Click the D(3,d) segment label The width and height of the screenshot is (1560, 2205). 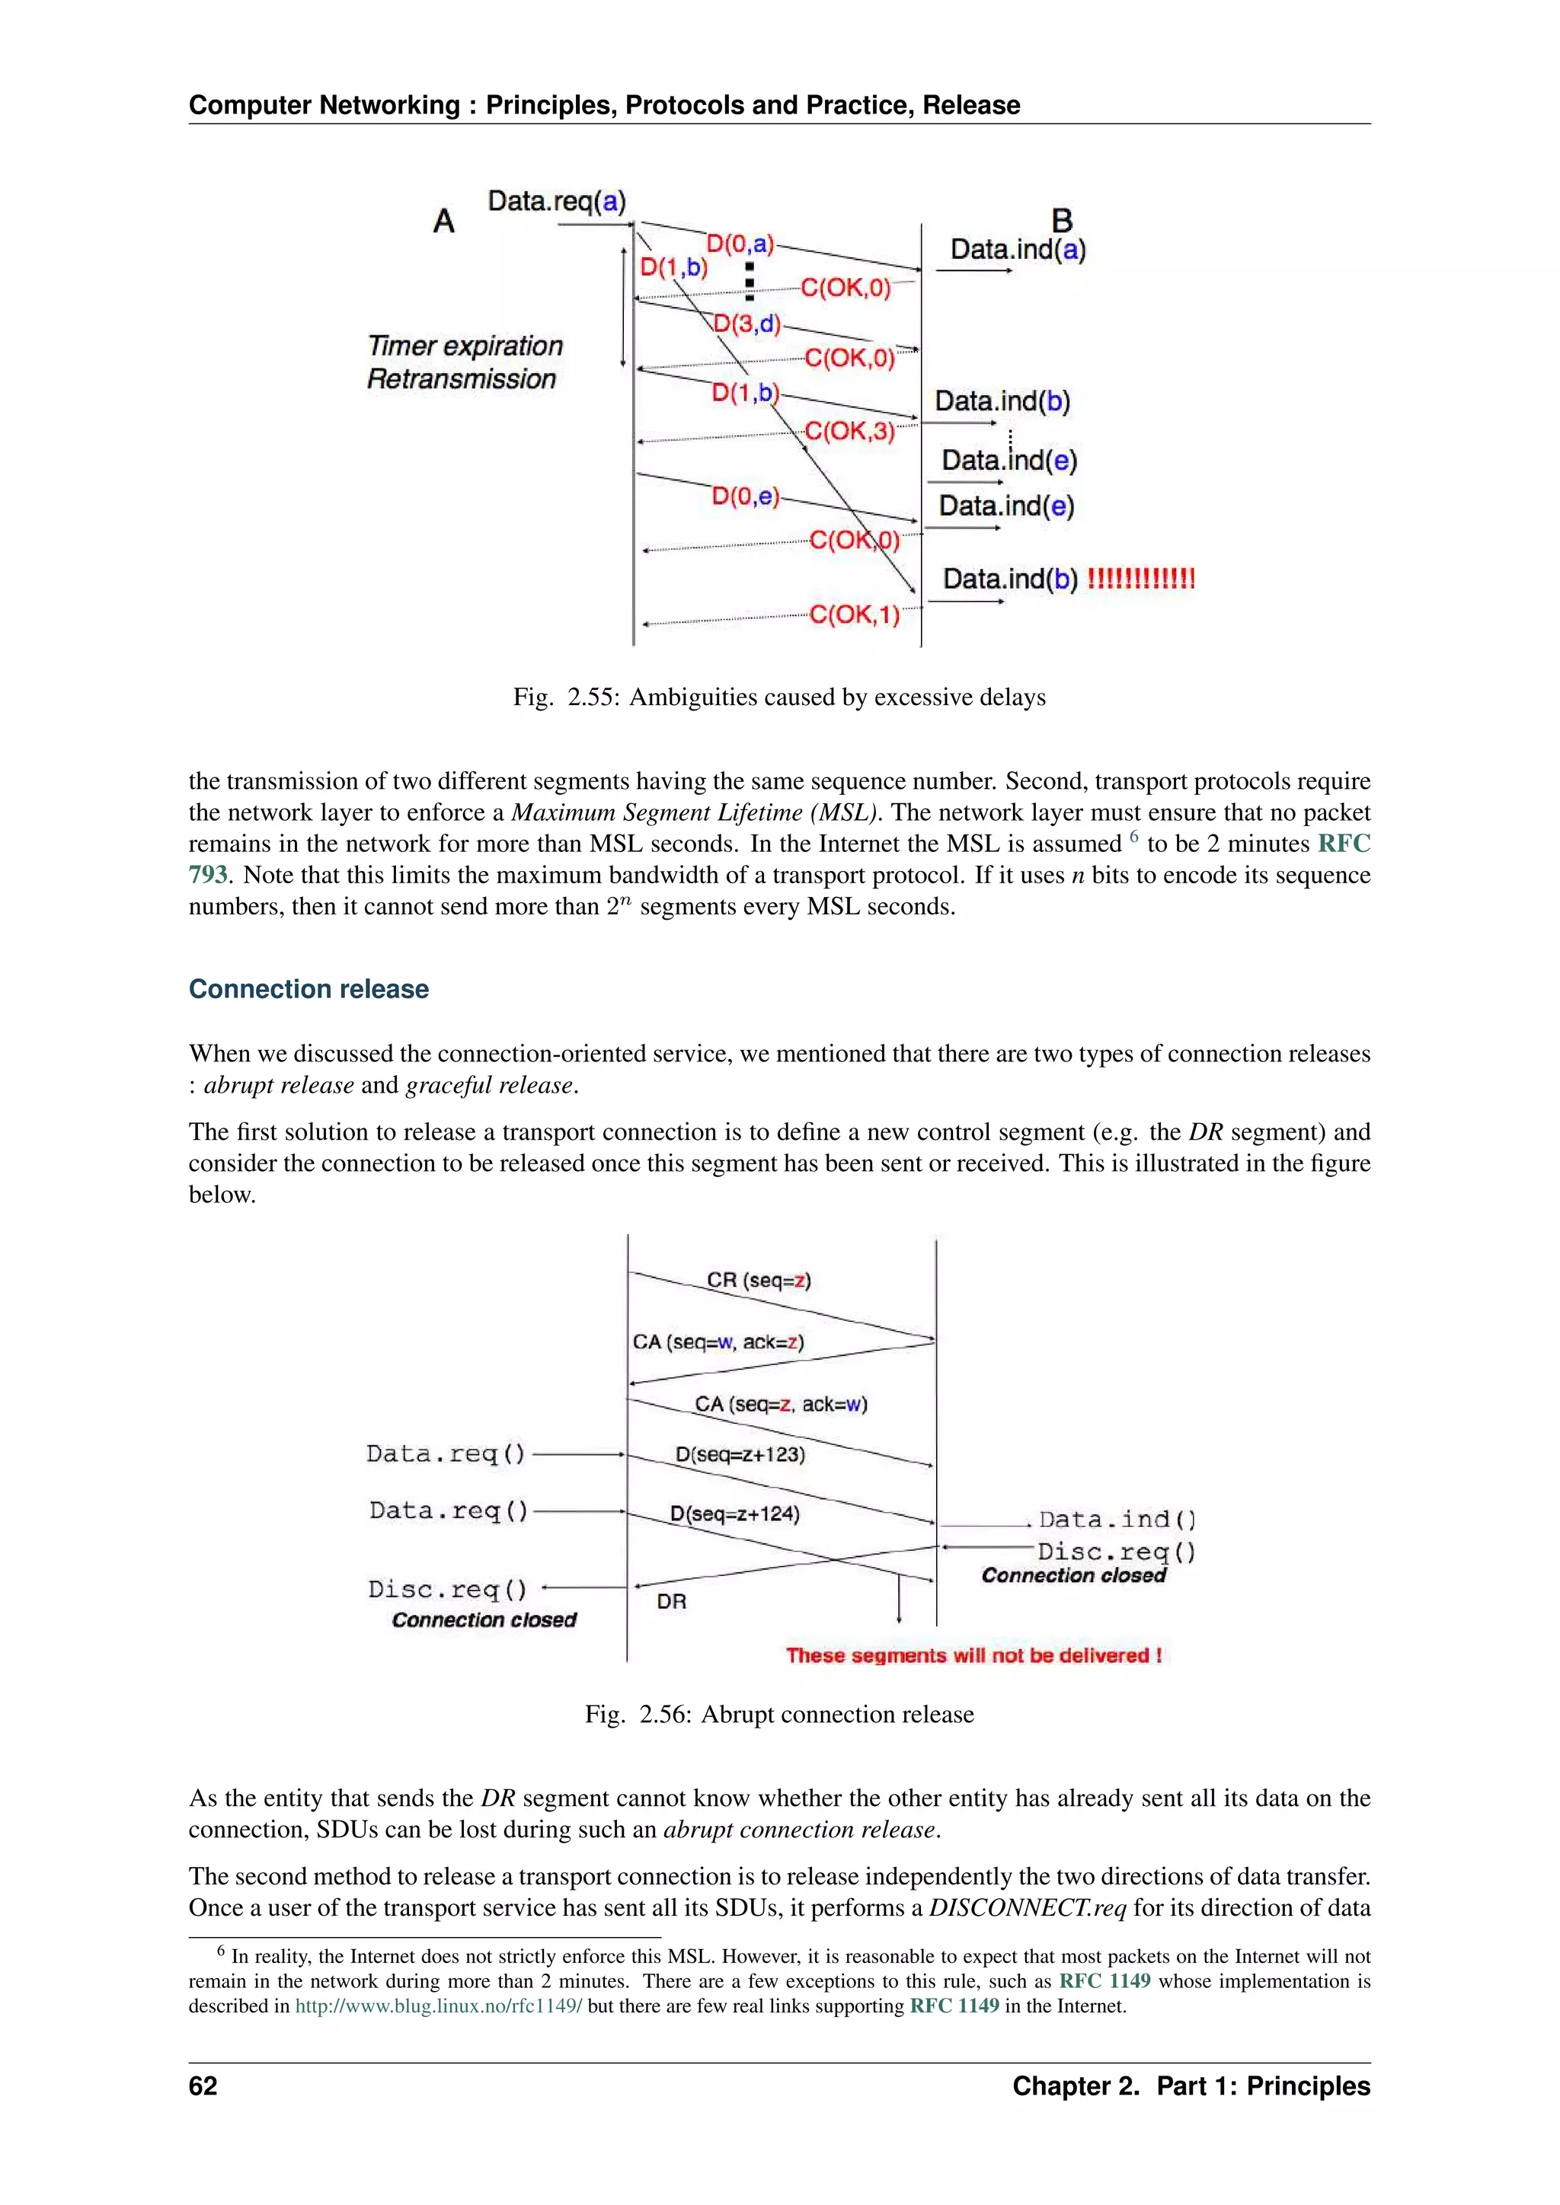click(x=746, y=324)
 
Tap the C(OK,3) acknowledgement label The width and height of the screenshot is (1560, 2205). click(x=849, y=431)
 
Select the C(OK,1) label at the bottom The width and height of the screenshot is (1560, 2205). click(x=854, y=614)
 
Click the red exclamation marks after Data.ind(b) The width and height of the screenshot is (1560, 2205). click(x=1140, y=579)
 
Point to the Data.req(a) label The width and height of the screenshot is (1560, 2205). click(x=556, y=202)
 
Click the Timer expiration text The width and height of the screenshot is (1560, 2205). click(x=465, y=346)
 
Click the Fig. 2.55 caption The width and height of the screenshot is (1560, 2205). click(x=779, y=697)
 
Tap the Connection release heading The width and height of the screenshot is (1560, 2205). click(x=308, y=989)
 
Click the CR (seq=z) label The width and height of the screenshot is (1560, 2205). click(x=759, y=1280)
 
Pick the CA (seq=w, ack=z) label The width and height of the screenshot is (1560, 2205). click(x=718, y=1342)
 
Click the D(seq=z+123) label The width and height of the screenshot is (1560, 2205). click(x=740, y=1454)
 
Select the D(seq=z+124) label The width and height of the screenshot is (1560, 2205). click(x=735, y=1514)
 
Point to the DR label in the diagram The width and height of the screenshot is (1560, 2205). click(x=671, y=1601)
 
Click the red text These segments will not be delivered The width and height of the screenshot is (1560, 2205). click(x=973, y=1656)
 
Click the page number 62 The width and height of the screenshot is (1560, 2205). click(x=203, y=2086)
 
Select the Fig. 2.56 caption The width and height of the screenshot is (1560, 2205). click(x=779, y=1714)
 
